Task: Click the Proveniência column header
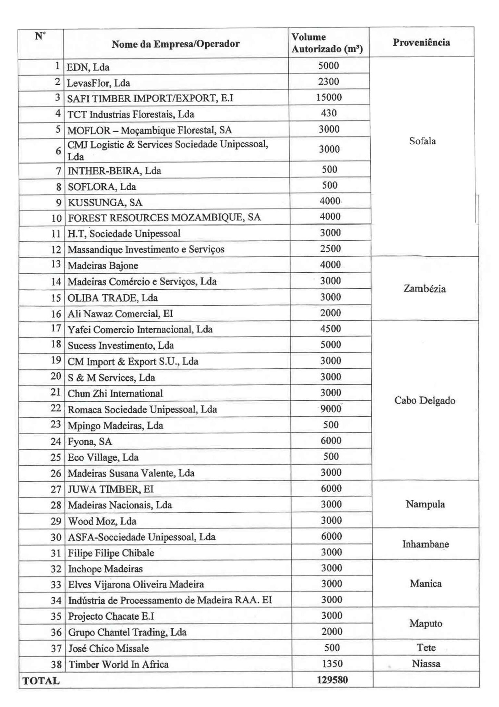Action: (x=421, y=42)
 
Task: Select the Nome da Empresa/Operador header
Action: (x=176, y=44)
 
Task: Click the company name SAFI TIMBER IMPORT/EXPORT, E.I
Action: (x=150, y=98)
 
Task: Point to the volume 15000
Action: (x=329, y=97)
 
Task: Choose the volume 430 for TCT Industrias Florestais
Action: (x=329, y=113)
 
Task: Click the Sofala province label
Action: (x=422, y=141)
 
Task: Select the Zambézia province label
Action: (x=424, y=289)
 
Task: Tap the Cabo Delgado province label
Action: (x=425, y=400)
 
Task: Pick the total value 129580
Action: (x=332, y=680)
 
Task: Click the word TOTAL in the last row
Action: (x=41, y=681)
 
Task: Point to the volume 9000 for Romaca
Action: (x=331, y=409)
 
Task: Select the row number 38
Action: (x=56, y=665)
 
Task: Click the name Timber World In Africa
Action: (x=118, y=665)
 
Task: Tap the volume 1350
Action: (x=332, y=664)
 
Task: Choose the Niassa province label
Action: (x=426, y=664)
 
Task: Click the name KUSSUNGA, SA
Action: (x=105, y=202)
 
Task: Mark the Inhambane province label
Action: (x=426, y=544)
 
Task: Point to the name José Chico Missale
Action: (x=108, y=648)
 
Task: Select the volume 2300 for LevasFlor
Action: (x=329, y=81)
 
